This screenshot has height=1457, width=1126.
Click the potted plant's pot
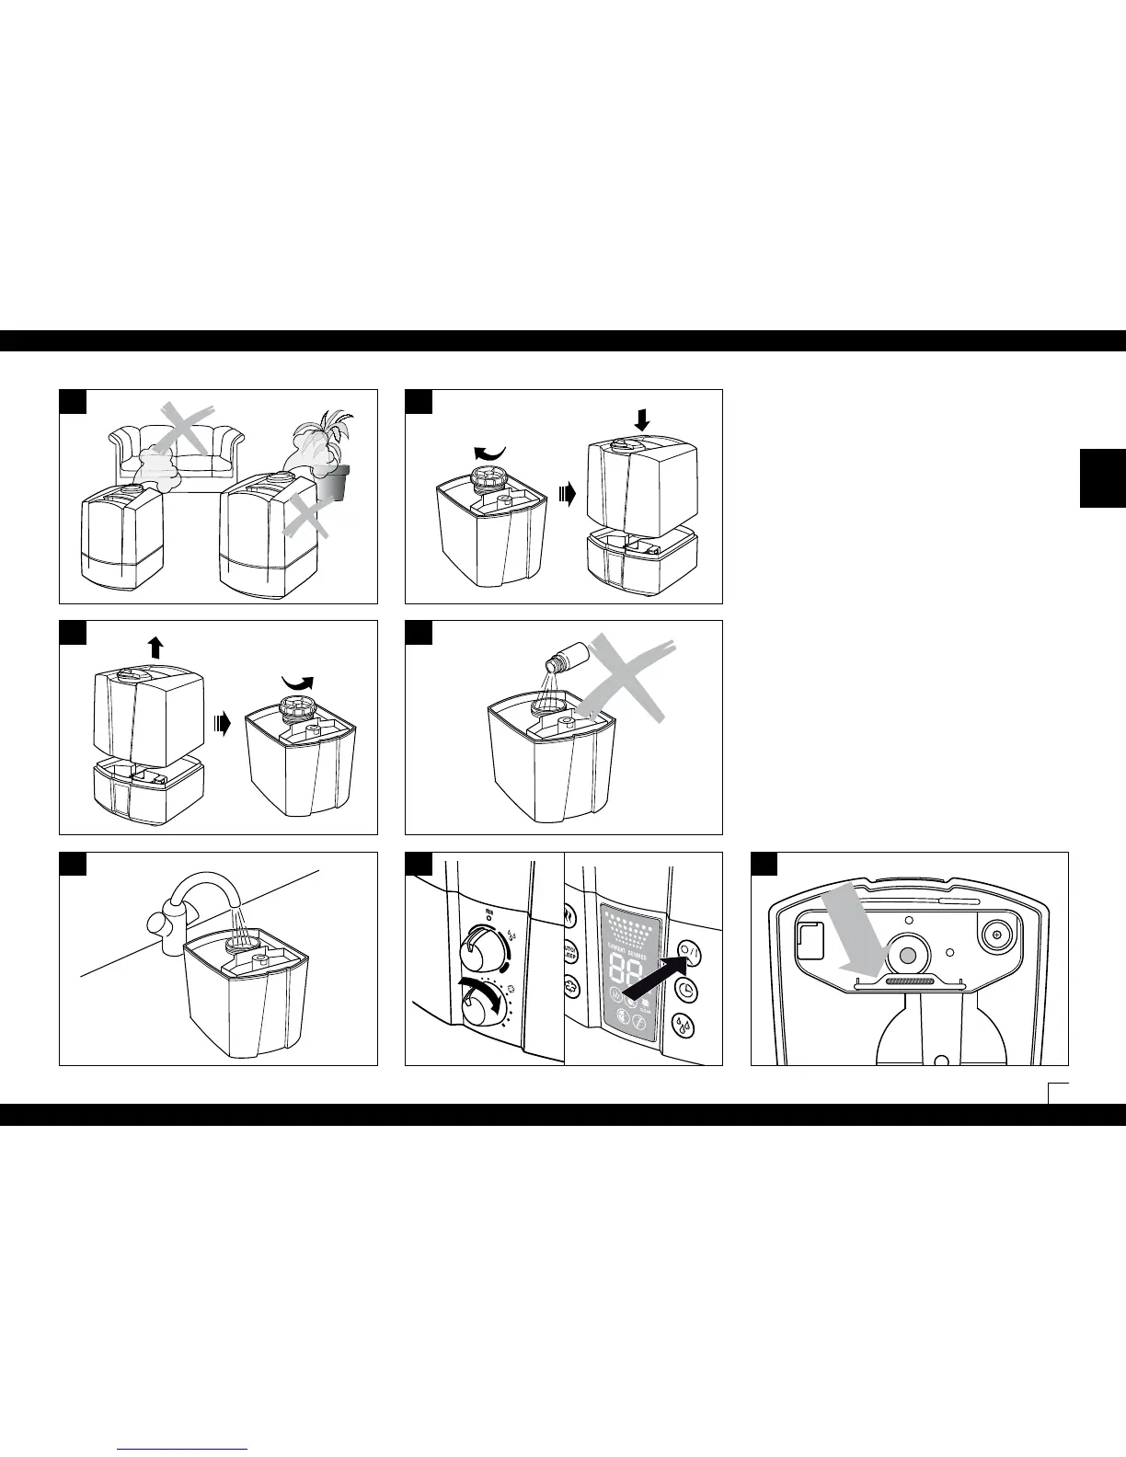[335, 483]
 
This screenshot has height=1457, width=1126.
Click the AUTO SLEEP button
[570, 951]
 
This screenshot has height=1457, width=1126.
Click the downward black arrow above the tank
[642, 419]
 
